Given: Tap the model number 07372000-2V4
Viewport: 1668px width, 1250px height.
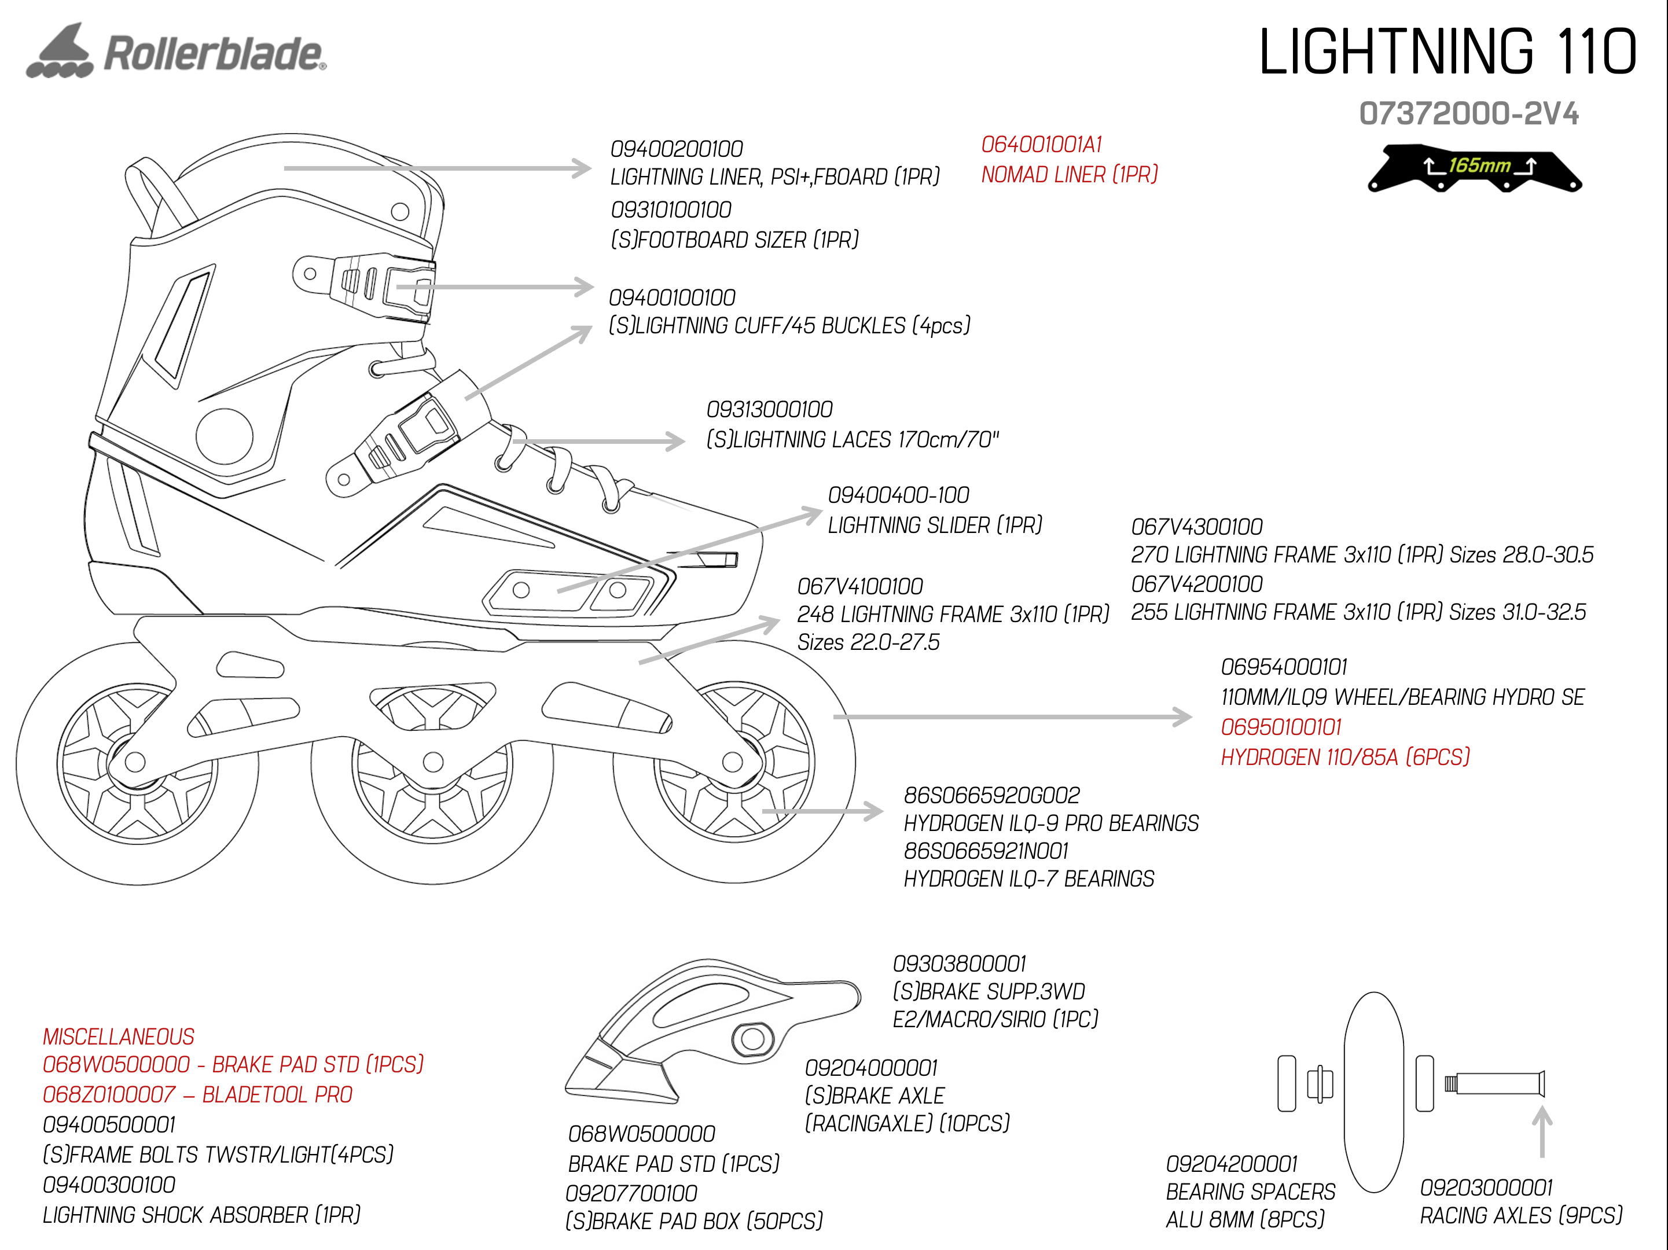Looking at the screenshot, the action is (1469, 114).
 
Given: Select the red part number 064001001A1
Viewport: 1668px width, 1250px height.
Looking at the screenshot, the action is (1041, 144).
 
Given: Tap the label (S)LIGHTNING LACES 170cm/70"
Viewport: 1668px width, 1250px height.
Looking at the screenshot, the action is (852, 440).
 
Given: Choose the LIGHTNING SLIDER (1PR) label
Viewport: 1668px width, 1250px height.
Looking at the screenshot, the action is (935, 525).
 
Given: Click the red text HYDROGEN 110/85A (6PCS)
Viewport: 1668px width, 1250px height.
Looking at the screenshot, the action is (1345, 757).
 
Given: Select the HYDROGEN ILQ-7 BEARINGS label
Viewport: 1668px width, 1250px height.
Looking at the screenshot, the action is (1028, 879).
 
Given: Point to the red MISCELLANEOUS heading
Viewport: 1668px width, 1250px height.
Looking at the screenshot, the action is (119, 1036).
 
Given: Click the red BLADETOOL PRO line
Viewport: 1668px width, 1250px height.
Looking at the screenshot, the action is (197, 1095).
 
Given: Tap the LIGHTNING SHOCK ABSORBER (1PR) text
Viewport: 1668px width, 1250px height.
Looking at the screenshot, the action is (201, 1215).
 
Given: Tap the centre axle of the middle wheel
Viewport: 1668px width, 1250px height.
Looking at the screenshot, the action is (433, 762).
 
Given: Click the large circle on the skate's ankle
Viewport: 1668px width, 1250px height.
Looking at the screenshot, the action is (224, 436).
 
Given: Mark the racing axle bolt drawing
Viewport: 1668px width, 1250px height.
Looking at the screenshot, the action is (1494, 1084).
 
